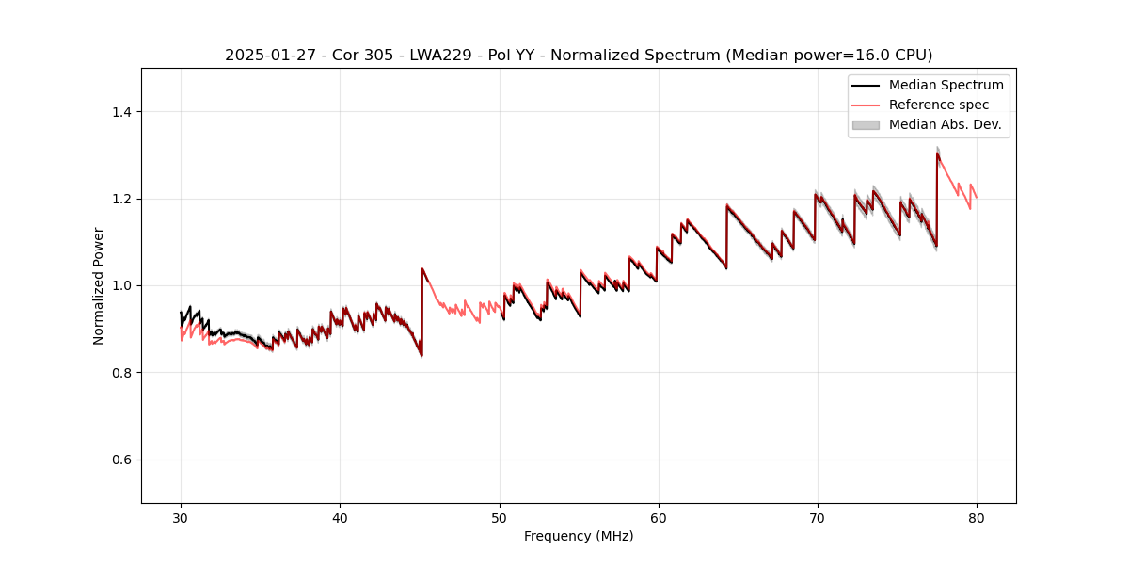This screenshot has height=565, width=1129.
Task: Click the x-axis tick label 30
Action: click(182, 518)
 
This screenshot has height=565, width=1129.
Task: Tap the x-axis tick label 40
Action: click(341, 518)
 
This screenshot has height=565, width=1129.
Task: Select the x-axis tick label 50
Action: click(500, 518)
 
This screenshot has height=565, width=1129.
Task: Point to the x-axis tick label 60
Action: click(659, 518)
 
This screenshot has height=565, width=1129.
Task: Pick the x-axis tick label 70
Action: click(818, 518)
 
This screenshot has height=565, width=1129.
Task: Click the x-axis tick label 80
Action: click(977, 518)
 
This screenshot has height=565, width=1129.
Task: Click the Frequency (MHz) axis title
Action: click(579, 536)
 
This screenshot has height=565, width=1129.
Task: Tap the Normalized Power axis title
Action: click(99, 285)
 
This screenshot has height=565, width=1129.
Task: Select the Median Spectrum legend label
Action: click(946, 85)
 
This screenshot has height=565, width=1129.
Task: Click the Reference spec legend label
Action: click(938, 105)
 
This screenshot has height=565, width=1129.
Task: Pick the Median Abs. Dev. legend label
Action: click(945, 124)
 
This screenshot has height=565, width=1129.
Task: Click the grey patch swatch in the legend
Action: click(866, 124)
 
